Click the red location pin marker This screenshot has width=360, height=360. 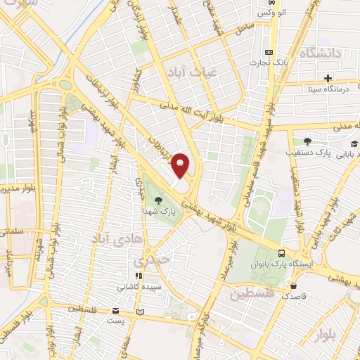(x=181, y=165)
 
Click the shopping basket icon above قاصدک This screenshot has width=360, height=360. (x=292, y=286)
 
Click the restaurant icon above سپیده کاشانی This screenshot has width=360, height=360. (x=139, y=275)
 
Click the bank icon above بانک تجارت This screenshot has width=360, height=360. (x=268, y=52)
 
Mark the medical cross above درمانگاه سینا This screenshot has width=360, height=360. (x=328, y=77)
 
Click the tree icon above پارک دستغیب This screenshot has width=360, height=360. (x=307, y=141)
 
